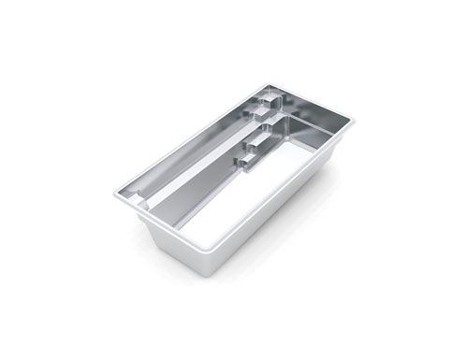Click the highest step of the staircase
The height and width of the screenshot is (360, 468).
coord(268,96)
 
